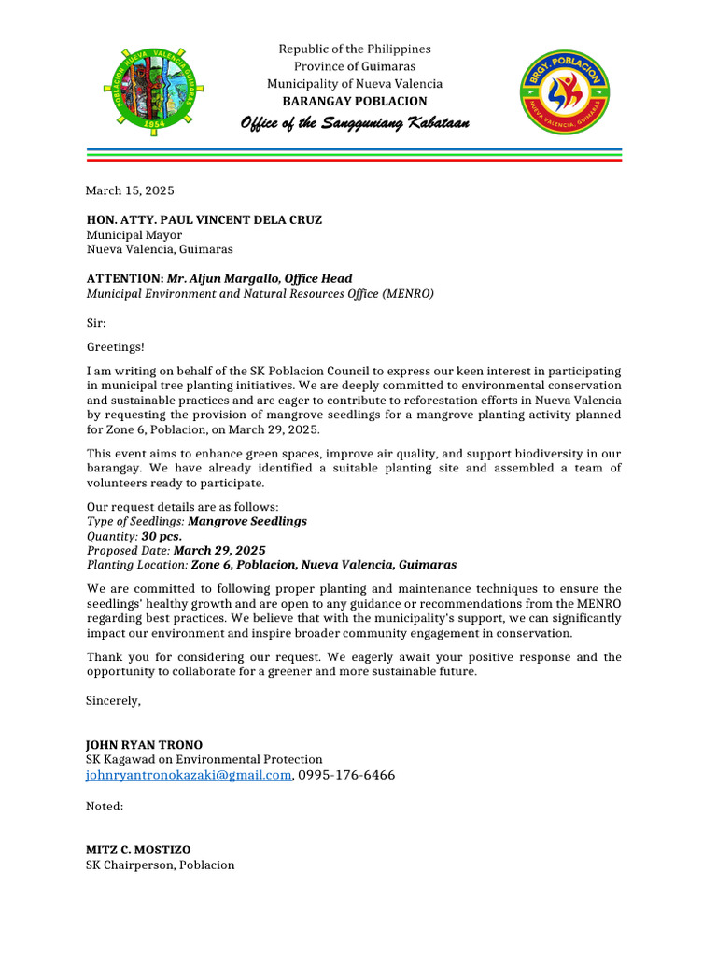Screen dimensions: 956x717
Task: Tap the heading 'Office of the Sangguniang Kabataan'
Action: click(355, 124)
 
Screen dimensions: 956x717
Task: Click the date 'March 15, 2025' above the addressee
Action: click(130, 190)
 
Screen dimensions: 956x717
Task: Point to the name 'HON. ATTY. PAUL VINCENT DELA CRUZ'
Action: click(204, 220)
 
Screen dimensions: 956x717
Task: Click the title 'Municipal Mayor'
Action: click(134, 235)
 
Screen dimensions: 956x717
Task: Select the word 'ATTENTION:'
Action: click(125, 278)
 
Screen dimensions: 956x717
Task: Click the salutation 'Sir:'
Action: click(97, 323)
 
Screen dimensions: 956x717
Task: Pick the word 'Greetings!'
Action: click(116, 347)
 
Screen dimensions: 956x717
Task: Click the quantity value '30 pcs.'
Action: click(162, 536)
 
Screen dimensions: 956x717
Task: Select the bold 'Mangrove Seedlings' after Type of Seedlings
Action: click(246, 521)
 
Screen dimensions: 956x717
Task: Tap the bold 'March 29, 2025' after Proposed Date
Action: click(219, 551)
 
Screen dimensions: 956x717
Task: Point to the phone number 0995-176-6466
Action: click(346, 775)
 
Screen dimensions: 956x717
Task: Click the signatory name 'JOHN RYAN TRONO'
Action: click(144, 745)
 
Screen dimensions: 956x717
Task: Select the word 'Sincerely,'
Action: click(114, 700)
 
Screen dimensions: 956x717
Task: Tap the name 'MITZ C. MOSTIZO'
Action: click(138, 850)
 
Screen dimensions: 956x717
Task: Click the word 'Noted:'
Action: click(105, 805)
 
